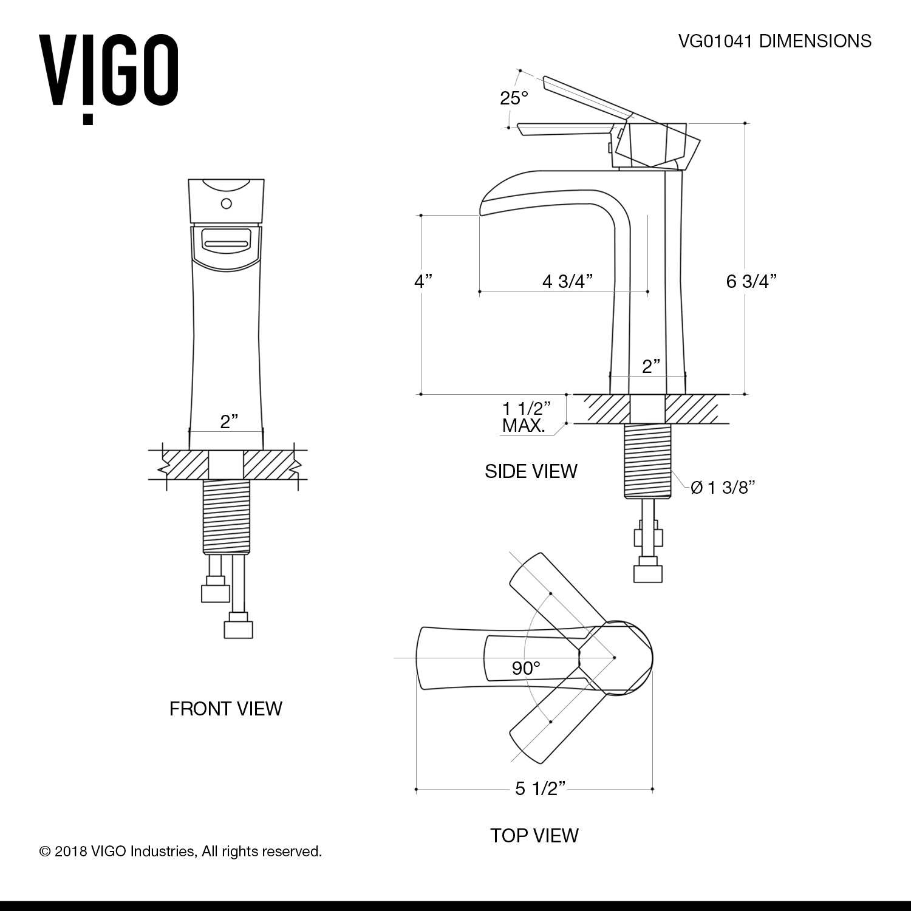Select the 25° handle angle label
[x=514, y=98]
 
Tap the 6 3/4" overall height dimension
[x=751, y=281]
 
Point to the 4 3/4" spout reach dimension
[x=567, y=281]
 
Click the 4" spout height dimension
[x=423, y=281]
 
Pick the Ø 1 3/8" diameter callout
[x=723, y=487]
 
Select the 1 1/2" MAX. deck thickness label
[x=526, y=417]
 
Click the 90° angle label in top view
[x=526, y=669]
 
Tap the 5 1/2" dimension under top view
[x=540, y=788]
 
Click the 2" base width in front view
[x=228, y=421]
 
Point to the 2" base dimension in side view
[x=651, y=366]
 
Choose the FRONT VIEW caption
[x=225, y=708]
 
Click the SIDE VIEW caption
[x=531, y=471]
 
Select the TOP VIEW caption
[x=534, y=835]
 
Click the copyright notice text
[x=180, y=851]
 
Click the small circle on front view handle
[x=226, y=203]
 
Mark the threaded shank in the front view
[x=226, y=516]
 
